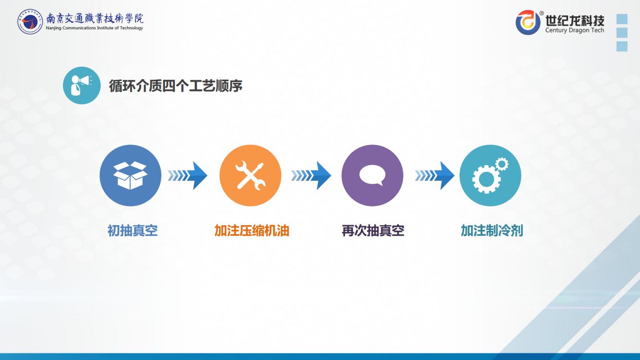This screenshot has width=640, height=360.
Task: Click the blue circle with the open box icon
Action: [x=130, y=175]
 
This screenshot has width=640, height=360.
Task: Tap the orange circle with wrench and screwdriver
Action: [x=250, y=175]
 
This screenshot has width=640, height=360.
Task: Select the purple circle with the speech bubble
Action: [x=372, y=175]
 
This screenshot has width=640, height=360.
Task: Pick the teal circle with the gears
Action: [x=490, y=175]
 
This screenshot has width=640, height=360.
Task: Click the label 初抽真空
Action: [x=133, y=230]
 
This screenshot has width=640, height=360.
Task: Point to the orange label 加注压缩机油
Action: [x=252, y=230]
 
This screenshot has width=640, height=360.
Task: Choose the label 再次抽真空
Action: [x=373, y=230]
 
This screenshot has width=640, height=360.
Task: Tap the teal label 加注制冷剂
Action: [x=492, y=230]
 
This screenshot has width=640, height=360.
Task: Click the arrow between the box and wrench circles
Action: [x=188, y=175]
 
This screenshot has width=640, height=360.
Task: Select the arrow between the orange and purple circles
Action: [x=311, y=175]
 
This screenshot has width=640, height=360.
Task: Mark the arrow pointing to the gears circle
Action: [x=435, y=175]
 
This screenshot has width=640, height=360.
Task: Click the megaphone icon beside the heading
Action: [x=82, y=85]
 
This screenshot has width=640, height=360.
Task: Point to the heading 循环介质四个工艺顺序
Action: [x=175, y=86]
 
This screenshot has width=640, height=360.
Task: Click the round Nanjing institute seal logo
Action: [x=30, y=22]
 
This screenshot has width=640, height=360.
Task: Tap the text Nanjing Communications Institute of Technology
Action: [x=94, y=28]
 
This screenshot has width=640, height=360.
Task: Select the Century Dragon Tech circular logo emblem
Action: [x=528, y=22]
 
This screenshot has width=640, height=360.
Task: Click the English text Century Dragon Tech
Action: [x=575, y=30]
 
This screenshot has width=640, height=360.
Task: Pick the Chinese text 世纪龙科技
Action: [x=575, y=20]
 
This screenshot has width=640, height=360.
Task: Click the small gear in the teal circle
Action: [x=502, y=165]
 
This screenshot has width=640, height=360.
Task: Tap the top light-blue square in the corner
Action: [x=622, y=19]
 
